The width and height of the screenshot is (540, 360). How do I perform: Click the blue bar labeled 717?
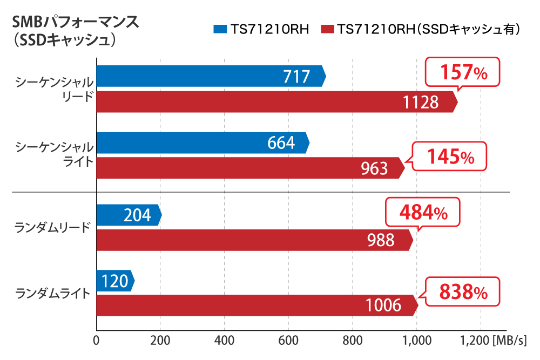211,76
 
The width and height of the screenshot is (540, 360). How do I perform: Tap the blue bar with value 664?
202,142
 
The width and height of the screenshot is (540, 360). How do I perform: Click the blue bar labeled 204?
129,215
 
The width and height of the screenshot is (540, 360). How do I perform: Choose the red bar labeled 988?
254,240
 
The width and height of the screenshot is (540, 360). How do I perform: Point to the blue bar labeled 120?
114,281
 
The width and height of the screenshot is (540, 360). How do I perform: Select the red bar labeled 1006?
257,305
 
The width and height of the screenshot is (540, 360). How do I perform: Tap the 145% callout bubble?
450,157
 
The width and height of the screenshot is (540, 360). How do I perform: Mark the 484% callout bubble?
423,212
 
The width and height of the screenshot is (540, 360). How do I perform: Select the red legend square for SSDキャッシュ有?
327,29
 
